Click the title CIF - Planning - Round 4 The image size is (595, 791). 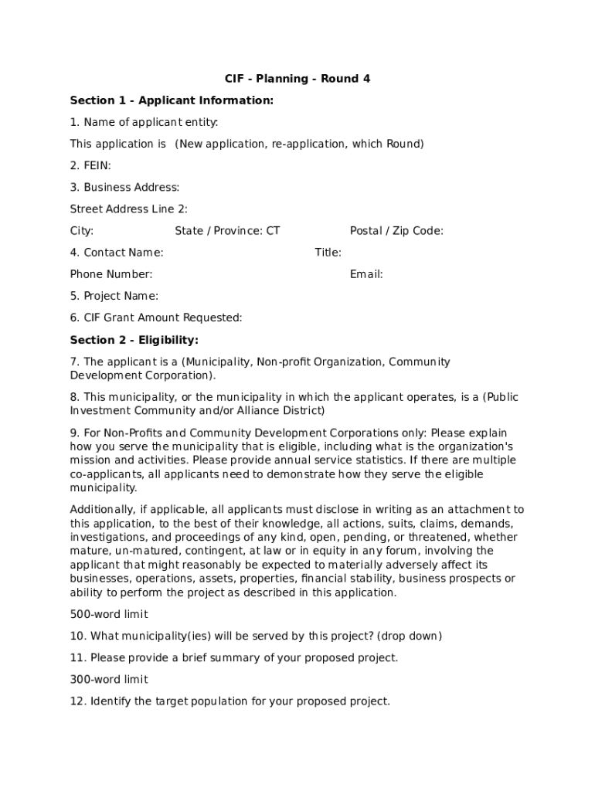pyautogui.click(x=297, y=79)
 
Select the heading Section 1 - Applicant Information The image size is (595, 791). pyautogui.click(x=172, y=100)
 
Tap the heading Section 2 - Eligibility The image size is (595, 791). pyautogui.click(x=134, y=340)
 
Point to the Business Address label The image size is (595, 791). pyautogui.click(x=124, y=187)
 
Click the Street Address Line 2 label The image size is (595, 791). pyautogui.click(x=128, y=209)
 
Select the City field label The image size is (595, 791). pyautogui.click(x=82, y=230)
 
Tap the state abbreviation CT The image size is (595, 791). pyautogui.click(x=273, y=230)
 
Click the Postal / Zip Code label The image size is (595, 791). pyautogui.click(x=396, y=230)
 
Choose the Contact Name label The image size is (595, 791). pyautogui.click(x=117, y=253)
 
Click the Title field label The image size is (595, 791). pyautogui.click(x=328, y=253)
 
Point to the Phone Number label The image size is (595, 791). pyautogui.click(x=111, y=274)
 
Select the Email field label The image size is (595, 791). pyautogui.click(x=366, y=274)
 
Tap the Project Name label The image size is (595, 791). pyautogui.click(x=114, y=296)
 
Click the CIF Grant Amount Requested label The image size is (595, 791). pyautogui.click(x=156, y=317)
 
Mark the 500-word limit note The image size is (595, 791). pyautogui.click(x=109, y=614)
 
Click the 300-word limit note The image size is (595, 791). pyautogui.click(x=109, y=680)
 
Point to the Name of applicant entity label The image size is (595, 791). pyautogui.click(x=144, y=122)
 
